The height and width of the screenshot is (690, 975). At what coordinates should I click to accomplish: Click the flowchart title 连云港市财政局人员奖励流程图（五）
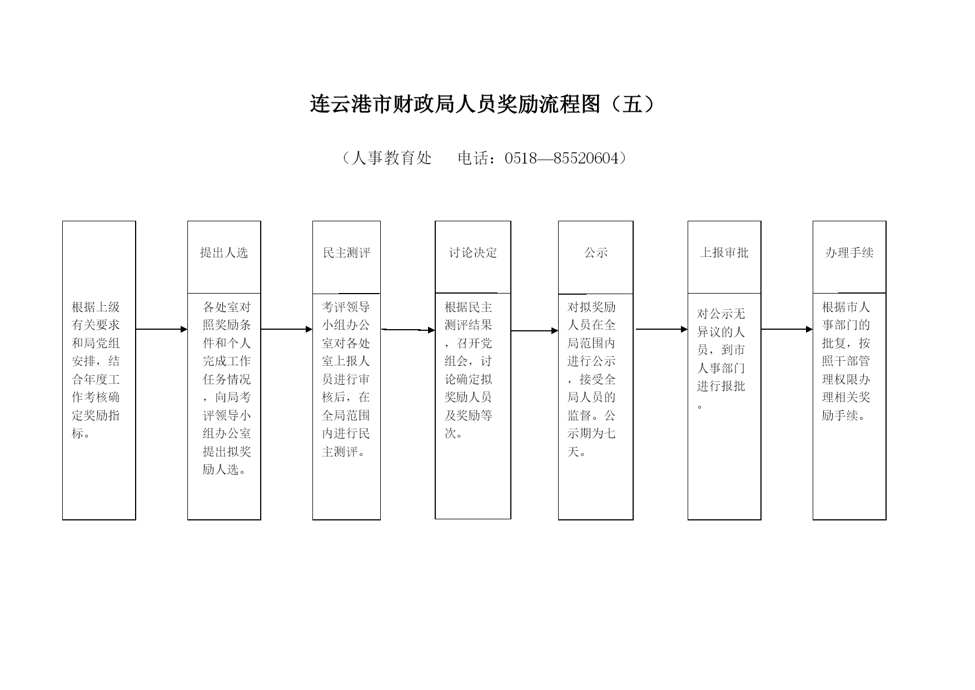coord(482,104)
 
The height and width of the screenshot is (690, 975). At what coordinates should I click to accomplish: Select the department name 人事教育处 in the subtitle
coord(391,158)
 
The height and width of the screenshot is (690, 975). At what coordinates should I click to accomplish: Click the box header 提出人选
coord(224,253)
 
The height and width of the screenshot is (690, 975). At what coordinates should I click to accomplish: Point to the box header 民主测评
coord(346,253)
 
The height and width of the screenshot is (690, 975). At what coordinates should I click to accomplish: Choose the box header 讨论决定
coord(473,253)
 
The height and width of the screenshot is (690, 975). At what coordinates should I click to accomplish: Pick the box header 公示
coord(596,253)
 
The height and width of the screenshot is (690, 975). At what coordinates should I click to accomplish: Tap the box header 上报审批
coord(724,253)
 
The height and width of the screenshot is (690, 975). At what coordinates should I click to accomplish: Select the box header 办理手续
coord(849,253)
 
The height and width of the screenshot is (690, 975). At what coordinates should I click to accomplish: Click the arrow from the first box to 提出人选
coord(162,329)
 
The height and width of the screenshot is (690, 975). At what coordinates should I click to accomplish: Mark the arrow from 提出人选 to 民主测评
coord(287,329)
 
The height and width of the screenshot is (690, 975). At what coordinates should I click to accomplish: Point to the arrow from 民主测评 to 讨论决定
coord(408,330)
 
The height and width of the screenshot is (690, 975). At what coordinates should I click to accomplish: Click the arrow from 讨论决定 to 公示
coord(535,331)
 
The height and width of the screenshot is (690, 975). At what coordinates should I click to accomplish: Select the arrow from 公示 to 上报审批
coord(662,329)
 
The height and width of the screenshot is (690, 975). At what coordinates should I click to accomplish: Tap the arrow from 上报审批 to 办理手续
coord(787,329)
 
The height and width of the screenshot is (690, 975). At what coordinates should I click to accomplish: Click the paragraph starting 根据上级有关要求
coord(96,370)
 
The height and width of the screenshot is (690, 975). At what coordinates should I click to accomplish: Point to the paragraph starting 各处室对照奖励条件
coord(227,388)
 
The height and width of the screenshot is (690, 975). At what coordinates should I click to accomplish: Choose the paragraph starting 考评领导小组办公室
coord(346,379)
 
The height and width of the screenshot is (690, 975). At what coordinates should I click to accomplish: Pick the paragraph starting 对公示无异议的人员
coord(721,359)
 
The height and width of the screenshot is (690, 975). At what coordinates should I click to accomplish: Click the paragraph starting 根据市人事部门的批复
coord(846,361)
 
